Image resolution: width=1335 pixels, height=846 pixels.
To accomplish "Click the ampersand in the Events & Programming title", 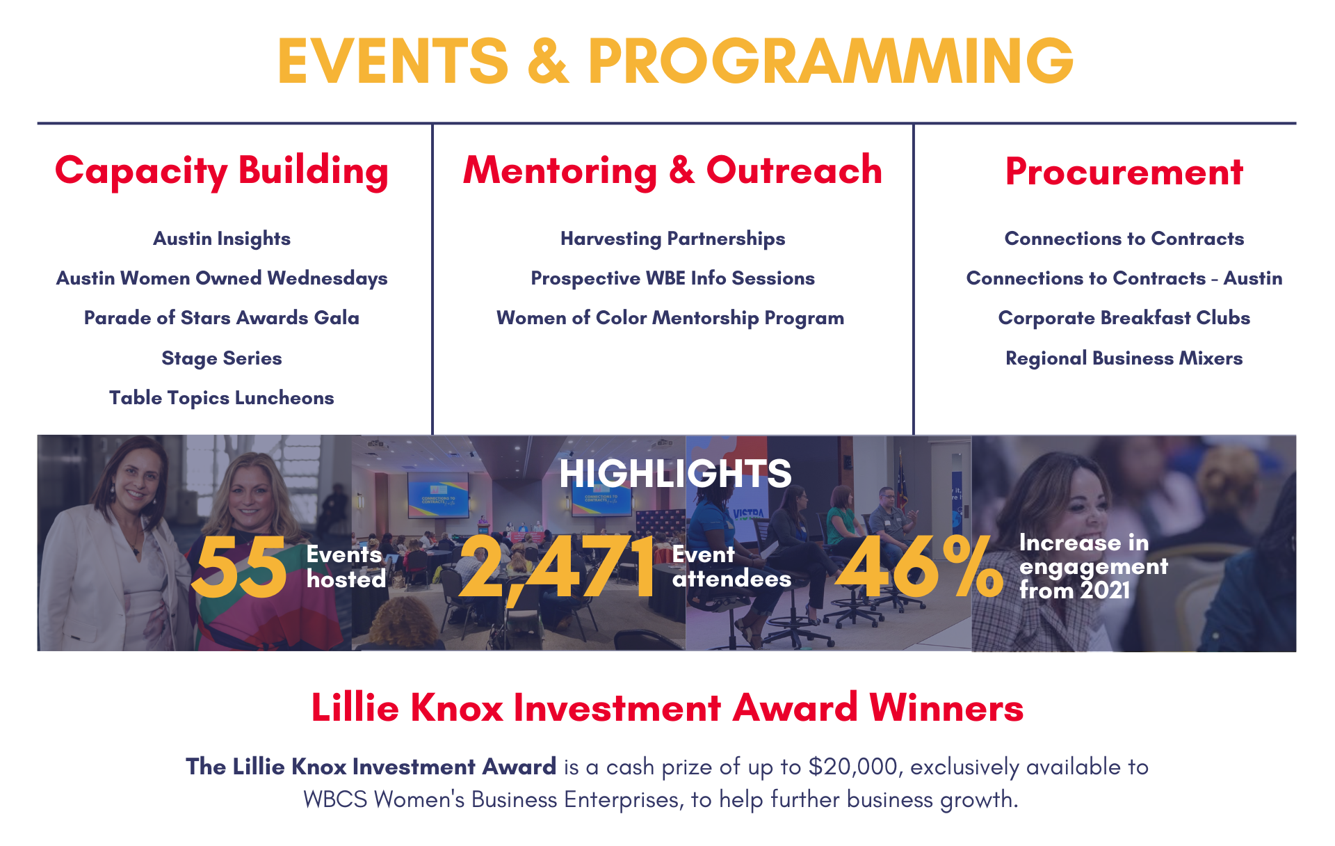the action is point(548,61).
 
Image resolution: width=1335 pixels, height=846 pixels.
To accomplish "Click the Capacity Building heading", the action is point(222,171).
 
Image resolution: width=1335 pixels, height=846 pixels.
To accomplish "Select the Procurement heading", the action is point(1124,171).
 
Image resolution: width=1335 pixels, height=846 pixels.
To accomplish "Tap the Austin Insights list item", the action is point(222,239).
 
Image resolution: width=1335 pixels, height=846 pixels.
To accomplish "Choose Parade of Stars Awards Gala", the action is point(222,318).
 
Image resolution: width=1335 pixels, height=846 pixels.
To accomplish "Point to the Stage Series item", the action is point(222,358).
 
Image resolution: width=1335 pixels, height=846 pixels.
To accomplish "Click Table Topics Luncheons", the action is point(222,398).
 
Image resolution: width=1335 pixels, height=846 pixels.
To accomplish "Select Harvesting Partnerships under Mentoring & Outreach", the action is point(673,239).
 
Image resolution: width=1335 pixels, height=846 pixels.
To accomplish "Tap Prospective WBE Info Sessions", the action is point(673,278).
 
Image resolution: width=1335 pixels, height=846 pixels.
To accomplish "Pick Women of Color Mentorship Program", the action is point(670,318).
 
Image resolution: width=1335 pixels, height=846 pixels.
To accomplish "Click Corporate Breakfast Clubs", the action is point(1124,318).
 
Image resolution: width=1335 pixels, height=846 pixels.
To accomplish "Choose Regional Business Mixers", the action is point(1124,358).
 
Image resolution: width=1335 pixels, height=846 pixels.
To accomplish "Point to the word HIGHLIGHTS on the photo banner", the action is point(675,473).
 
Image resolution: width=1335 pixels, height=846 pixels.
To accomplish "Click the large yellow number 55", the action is point(238,566).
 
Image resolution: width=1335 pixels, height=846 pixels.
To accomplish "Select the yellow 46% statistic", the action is point(919,566).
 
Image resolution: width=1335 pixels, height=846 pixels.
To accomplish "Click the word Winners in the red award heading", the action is point(946,708).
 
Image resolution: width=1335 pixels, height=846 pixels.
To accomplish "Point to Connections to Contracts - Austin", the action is point(1124,278).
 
